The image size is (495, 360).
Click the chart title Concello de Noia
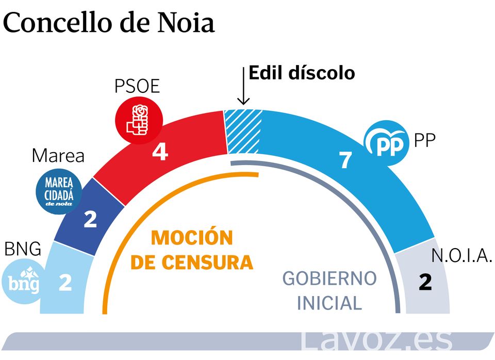coord(109,23)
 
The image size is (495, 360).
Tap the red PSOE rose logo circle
coord(138,120)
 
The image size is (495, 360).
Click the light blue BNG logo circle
coord(24,282)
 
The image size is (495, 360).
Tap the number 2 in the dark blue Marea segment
coord(90,220)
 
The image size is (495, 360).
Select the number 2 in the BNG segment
coord(65,283)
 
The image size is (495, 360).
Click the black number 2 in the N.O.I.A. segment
coord(425,283)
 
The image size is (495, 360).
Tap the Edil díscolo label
coord(302,73)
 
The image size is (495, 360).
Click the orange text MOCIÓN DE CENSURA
coord(192,251)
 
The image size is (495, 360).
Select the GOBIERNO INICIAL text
coord(329,290)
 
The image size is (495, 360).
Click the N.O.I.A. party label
coord(461,256)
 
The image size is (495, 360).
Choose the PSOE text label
coord(137,86)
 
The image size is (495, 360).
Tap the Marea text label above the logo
coord(58,156)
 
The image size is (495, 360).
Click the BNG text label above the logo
coord(22,249)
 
